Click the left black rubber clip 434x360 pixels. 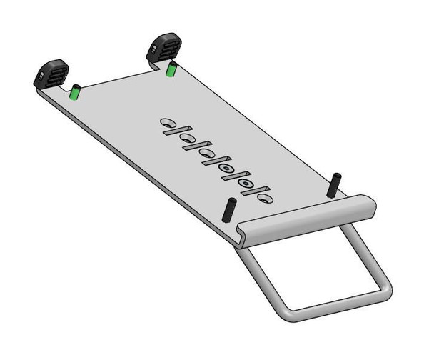click(x=51, y=74)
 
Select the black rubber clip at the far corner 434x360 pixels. click(x=163, y=49)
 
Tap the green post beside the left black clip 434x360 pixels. click(x=74, y=92)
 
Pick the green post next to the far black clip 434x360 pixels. click(x=171, y=71)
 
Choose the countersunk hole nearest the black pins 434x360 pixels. click(x=265, y=197)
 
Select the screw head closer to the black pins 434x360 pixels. click(x=247, y=184)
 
